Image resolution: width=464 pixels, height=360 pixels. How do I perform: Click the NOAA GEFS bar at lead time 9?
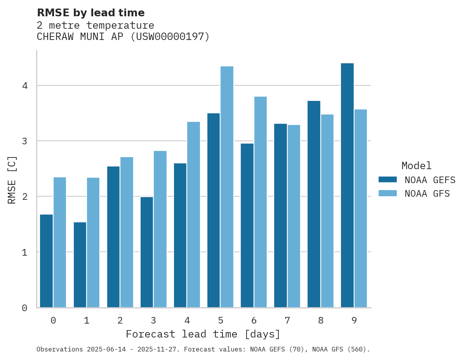coord(347,185)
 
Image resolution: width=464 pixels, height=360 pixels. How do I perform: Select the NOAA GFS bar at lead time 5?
coord(227,187)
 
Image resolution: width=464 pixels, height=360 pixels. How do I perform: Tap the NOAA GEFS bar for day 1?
coord(80,265)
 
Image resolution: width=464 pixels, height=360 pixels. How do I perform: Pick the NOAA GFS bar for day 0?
coord(60,242)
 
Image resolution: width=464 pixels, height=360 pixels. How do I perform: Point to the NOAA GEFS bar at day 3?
coord(147,252)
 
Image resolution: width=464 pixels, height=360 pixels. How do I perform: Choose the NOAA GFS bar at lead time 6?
coord(260,202)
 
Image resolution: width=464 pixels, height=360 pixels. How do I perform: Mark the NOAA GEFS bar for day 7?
coord(280,216)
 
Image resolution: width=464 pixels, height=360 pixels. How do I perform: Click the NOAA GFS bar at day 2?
coord(127,232)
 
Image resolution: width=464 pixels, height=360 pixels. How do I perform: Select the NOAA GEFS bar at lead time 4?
coord(180,235)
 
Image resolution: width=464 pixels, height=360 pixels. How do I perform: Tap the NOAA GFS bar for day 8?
coord(327,211)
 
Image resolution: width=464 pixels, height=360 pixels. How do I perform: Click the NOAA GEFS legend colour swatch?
coord(388,180)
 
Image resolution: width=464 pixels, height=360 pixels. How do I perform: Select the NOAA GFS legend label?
coord(427,194)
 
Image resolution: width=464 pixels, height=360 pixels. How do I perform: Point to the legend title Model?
coord(416,166)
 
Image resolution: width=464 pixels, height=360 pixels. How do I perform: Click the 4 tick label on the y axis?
coord(24,85)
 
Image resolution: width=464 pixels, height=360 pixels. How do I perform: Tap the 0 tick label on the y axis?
coord(24,308)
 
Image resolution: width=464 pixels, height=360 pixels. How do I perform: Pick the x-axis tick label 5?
coord(221,321)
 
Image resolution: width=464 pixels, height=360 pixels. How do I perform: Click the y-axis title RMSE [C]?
coord(12,180)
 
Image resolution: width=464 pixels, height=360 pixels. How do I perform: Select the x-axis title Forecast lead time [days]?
coord(203,334)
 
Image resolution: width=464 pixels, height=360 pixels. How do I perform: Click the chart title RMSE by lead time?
coord(90,13)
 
